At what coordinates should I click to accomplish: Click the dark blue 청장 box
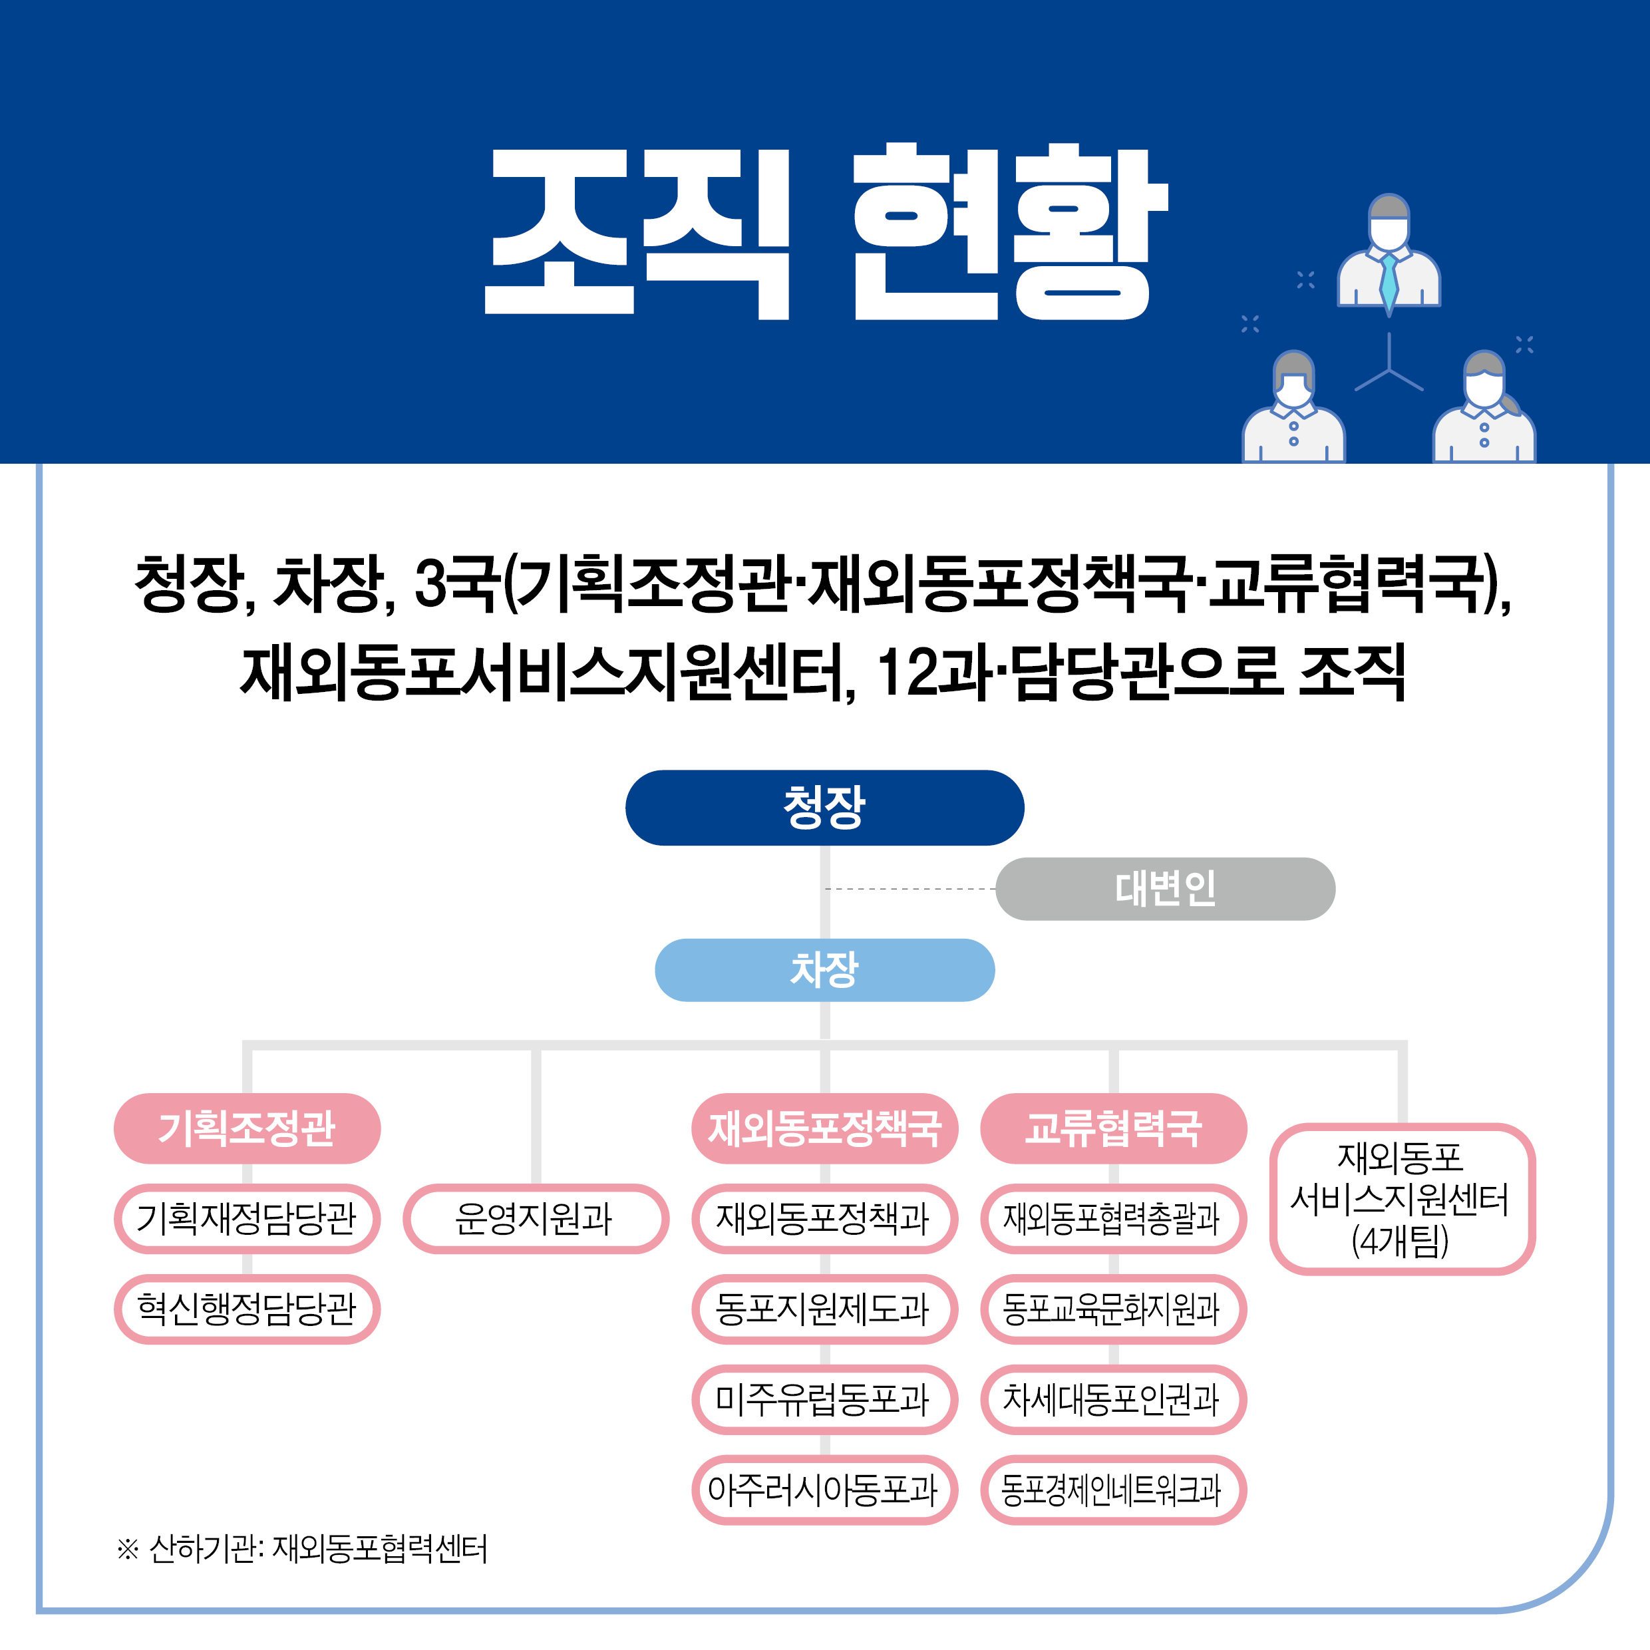point(824,807)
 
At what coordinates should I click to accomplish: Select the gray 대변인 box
point(1165,888)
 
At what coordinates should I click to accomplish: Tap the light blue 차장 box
point(824,969)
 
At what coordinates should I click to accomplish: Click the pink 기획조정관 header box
point(247,1128)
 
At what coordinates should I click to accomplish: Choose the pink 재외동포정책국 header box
point(824,1128)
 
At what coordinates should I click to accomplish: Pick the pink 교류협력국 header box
point(1114,1128)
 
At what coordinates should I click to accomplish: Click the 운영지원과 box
point(536,1219)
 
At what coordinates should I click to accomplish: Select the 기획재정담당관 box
point(247,1219)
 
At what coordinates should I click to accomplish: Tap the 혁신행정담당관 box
point(247,1309)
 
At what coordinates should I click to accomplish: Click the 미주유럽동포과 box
point(824,1400)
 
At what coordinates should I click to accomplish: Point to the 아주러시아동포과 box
point(824,1490)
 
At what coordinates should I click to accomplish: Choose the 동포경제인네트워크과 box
point(1114,1490)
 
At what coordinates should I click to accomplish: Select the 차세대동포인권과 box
point(1114,1400)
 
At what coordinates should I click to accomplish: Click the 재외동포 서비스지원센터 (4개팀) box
point(1402,1199)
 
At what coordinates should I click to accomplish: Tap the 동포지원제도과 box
point(824,1309)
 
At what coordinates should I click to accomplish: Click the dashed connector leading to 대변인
point(910,889)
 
